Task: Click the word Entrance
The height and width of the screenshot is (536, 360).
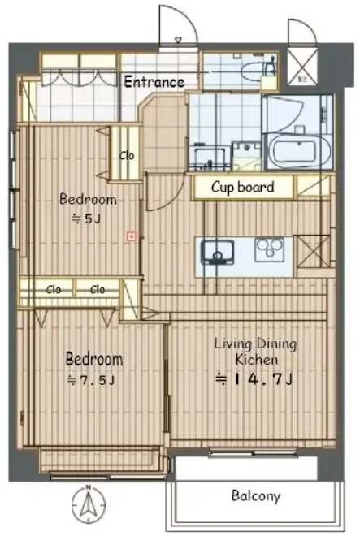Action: (154, 82)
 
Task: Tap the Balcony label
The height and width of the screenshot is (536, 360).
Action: (256, 495)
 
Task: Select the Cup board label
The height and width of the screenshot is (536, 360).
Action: (243, 187)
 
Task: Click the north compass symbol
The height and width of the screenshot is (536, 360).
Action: (89, 504)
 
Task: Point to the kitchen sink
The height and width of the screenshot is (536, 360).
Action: (217, 253)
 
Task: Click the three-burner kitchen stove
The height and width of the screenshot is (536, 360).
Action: (269, 249)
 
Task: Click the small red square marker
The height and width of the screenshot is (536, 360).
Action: (132, 236)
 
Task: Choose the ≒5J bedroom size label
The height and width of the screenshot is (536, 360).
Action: (86, 218)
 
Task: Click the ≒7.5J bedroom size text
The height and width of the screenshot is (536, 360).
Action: (91, 380)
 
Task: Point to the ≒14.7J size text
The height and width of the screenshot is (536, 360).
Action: (254, 379)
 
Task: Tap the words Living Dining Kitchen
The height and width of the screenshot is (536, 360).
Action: (255, 352)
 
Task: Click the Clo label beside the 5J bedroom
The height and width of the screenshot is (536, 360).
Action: (127, 156)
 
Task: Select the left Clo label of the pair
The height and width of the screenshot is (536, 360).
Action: (54, 290)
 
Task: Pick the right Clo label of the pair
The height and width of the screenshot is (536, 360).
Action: (98, 290)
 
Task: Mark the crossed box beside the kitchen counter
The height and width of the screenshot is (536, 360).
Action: (312, 252)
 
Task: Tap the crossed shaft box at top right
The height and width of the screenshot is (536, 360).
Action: (302, 66)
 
